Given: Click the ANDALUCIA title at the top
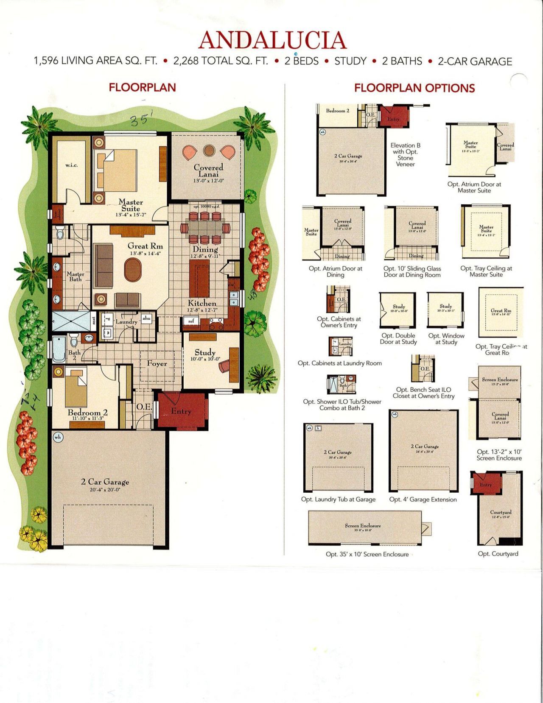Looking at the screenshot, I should [x=272, y=40].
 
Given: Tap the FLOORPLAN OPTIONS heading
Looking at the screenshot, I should [x=414, y=88].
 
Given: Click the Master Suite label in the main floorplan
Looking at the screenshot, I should [x=130, y=206].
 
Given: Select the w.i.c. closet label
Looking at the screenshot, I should [x=71, y=165].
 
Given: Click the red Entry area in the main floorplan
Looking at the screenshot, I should [x=181, y=410].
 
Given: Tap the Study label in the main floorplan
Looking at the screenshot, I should [x=205, y=353].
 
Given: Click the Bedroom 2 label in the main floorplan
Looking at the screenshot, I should [x=87, y=413].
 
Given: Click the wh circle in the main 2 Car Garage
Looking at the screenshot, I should [x=57, y=437].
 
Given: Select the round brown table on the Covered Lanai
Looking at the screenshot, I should [x=209, y=150].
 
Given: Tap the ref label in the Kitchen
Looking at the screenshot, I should [x=191, y=321].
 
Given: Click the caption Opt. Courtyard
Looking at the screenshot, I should [x=498, y=554].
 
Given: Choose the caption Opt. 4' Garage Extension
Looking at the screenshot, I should [x=423, y=499].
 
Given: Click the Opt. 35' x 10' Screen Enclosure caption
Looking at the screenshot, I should [x=367, y=554].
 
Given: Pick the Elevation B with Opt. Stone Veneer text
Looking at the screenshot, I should [x=405, y=154].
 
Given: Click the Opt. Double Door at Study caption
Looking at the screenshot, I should [x=398, y=339].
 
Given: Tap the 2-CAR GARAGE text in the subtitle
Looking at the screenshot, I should [x=475, y=61].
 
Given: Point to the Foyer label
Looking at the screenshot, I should [x=157, y=363].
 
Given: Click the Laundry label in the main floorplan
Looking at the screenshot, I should [x=126, y=322].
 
